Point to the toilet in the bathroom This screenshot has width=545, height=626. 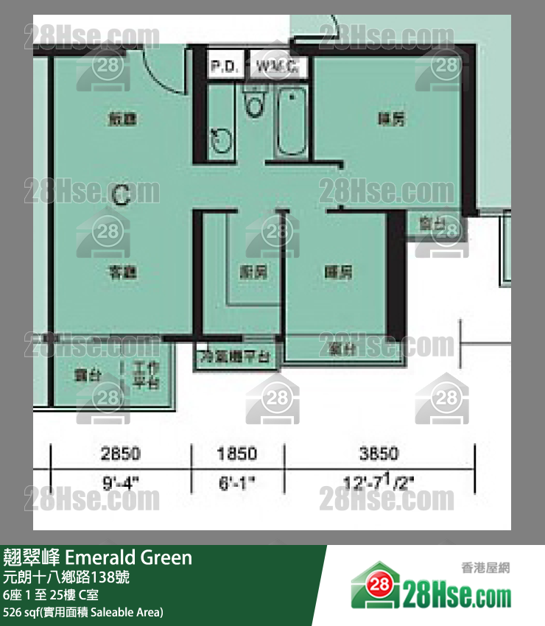[x=254, y=104]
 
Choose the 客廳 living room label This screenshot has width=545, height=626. [x=123, y=272]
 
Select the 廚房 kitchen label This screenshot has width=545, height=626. [x=253, y=272]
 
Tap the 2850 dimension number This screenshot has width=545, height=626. [x=121, y=454]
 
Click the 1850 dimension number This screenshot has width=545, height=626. [x=238, y=454]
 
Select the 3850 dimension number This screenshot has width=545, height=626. [x=379, y=454]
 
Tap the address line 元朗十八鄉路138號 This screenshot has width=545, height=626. [x=66, y=577]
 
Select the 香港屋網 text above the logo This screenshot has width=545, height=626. [x=485, y=568]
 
